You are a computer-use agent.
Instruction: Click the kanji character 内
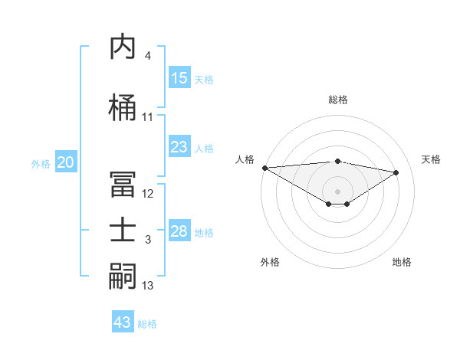[123, 47]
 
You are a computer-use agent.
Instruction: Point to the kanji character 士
[123, 231]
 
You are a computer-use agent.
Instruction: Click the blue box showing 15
[179, 78]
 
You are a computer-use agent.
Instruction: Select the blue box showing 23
[179, 147]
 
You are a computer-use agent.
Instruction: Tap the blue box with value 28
[179, 231]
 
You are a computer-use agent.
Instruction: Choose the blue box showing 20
[66, 162]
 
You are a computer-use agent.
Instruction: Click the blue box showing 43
[123, 322]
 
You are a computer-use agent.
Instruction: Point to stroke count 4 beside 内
[147, 56]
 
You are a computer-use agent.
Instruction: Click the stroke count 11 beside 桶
[148, 117]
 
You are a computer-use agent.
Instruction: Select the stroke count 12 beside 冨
[148, 193]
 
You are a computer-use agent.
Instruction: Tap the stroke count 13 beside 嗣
[148, 286]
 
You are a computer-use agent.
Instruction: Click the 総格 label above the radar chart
[337, 100]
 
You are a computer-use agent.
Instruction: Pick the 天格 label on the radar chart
[431, 159]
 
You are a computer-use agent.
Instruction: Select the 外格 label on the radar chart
[270, 262]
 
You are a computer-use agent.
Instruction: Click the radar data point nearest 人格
[265, 168]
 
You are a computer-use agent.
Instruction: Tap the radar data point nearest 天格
[396, 172]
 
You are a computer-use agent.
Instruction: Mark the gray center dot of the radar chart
[337, 190]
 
